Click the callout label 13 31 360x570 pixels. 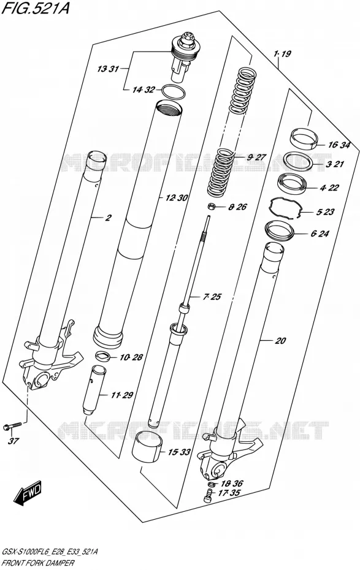pyautogui.click(x=108, y=69)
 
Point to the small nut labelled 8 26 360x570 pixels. pyautogui.click(x=210, y=207)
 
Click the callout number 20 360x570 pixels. pyautogui.click(x=280, y=340)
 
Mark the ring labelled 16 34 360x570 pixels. pyautogui.click(x=304, y=138)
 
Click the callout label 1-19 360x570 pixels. pyautogui.click(x=282, y=54)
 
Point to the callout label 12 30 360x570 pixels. pyautogui.click(x=177, y=198)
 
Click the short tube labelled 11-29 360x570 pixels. pyautogui.click(x=93, y=389)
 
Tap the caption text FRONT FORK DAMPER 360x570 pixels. pyautogui.click(x=39, y=563)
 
